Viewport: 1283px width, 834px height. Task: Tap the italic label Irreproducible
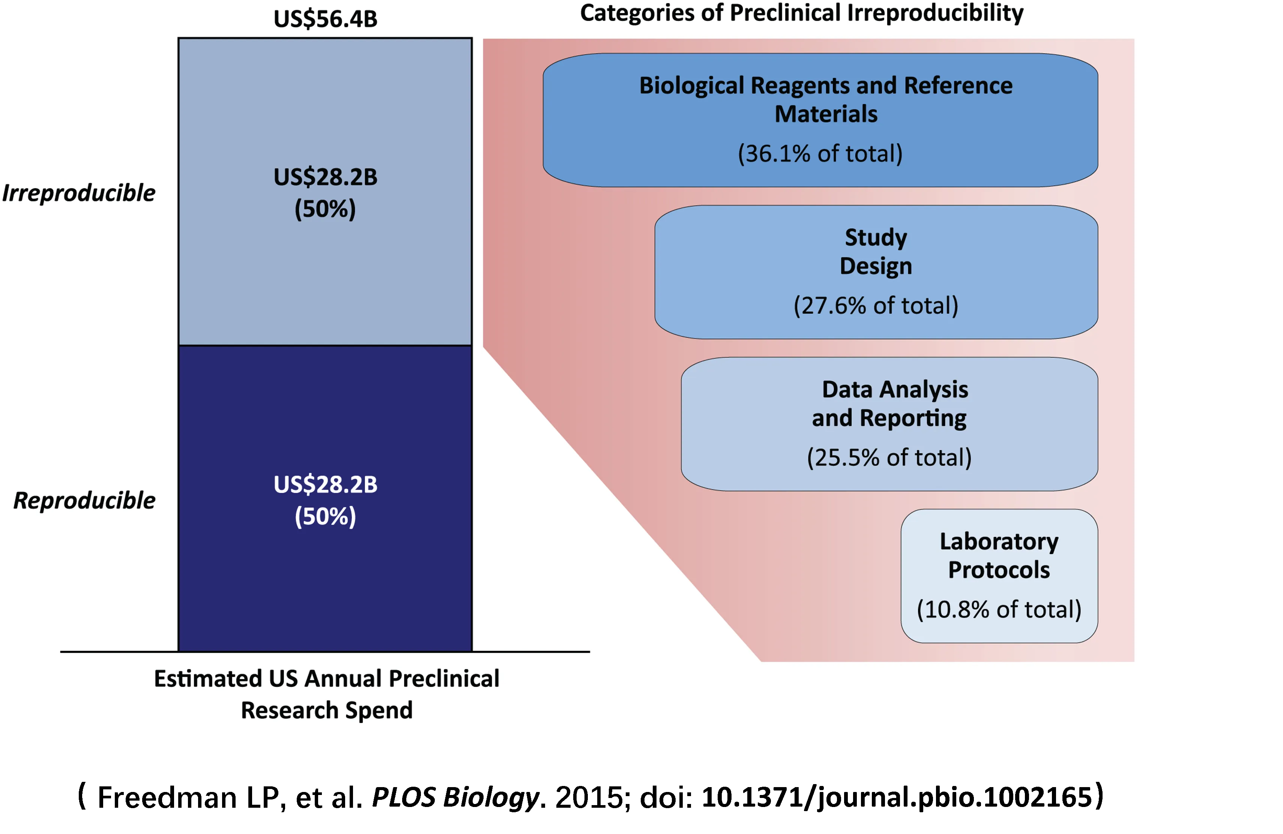(x=79, y=193)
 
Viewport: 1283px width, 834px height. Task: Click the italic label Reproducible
(x=84, y=501)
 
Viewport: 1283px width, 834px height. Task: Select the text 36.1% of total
(x=820, y=154)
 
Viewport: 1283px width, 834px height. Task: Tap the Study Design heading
(x=876, y=251)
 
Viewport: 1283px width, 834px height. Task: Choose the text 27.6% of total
(x=876, y=306)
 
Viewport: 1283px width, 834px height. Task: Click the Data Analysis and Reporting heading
(x=889, y=403)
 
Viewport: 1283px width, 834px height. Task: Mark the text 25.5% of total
(x=889, y=458)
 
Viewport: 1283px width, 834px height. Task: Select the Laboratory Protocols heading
(x=999, y=555)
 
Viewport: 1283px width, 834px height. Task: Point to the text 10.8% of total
(x=999, y=610)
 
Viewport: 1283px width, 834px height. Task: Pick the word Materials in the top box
(x=826, y=114)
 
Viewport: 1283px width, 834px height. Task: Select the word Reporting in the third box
(x=913, y=418)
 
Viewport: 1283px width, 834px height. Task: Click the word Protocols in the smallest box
(x=999, y=570)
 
